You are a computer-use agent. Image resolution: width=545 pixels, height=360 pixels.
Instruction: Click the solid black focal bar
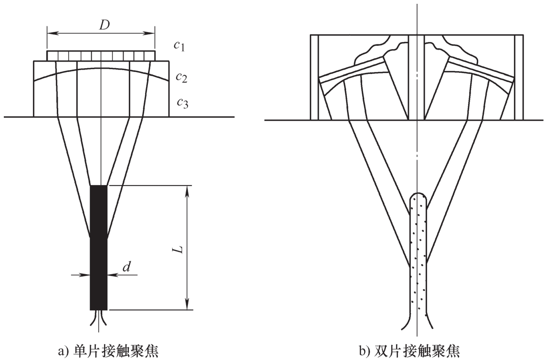(99, 247)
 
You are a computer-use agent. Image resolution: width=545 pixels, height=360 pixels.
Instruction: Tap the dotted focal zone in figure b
(418, 257)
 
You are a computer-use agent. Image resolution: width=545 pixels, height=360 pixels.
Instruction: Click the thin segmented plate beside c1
(101, 56)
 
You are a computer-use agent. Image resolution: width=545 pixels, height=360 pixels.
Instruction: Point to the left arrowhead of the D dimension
(50, 33)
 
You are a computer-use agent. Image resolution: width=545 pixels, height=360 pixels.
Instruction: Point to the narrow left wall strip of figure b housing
(314, 77)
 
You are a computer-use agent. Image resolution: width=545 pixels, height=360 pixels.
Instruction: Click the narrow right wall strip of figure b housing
(519, 77)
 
